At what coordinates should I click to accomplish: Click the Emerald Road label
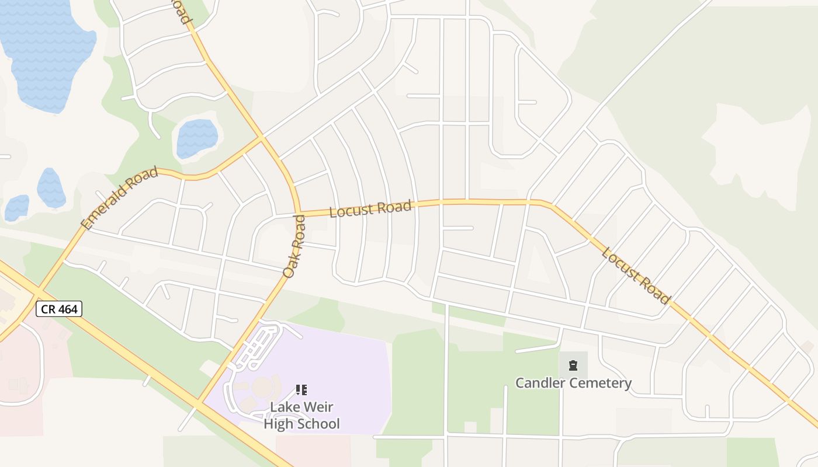point(120,198)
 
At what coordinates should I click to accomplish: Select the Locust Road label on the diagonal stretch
point(635,276)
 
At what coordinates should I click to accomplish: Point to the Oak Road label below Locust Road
point(294,246)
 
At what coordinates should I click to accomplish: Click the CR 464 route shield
point(60,309)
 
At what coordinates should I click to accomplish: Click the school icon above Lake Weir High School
point(301,390)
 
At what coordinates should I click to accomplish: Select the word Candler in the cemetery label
point(541,383)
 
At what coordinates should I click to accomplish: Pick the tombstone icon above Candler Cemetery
point(573,366)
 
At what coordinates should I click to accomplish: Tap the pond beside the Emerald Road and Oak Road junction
point(197,138)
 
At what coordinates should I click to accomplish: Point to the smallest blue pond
point(16,208)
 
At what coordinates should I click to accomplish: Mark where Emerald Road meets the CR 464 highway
point(36,290)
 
